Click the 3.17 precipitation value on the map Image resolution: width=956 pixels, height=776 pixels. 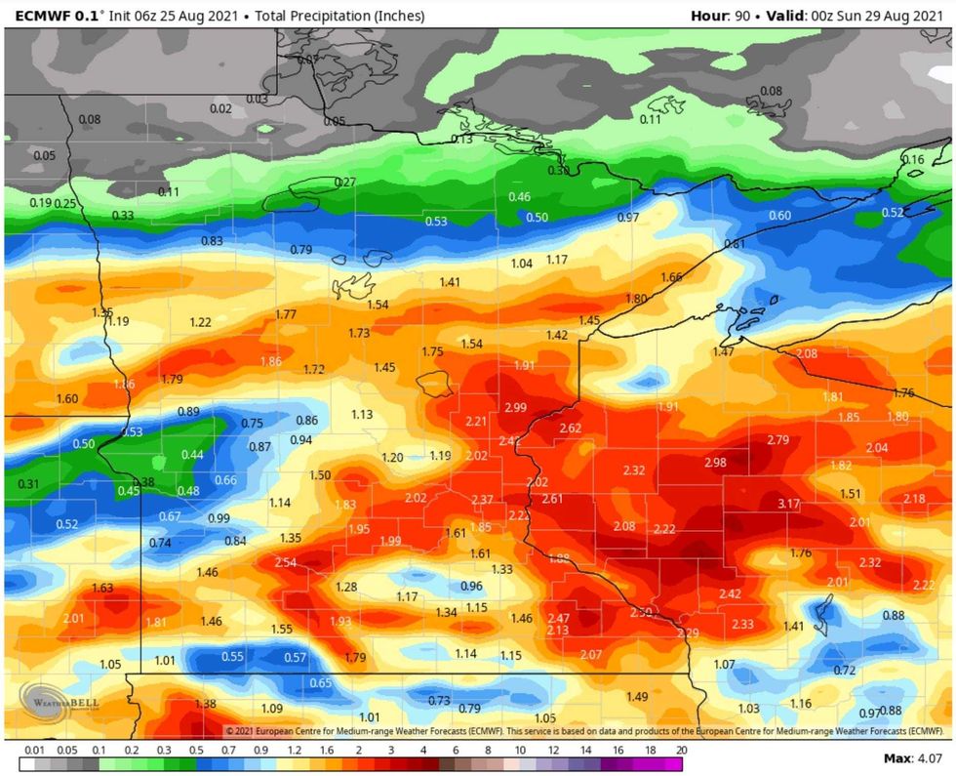pyautogui.click(x=788, y=504)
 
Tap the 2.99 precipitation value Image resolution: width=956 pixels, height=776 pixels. pyautogui.click(x=515, y=407)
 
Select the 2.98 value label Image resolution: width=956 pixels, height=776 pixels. pyautogui.click(x=715, y=462)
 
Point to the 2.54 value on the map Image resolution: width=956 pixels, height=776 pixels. pyautogui.click(x=285, y=562)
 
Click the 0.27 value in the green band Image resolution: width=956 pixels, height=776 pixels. pyautogui.click(x=345, y=183)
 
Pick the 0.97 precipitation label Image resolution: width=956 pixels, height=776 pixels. pyautogui.click(x=628, y=217)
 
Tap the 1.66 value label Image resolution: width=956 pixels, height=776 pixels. pyautogui.click(x=671, y=277)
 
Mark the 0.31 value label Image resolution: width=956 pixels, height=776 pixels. pyautogui.click(x=28, y=484)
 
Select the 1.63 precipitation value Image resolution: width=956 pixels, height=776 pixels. pyautogui.click(x=102, y=588)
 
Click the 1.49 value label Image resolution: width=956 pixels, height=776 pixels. pyautogui.click(x=637, y=696)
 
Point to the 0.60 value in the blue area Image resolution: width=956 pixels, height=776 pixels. pyautogui.click(x=780, y=216)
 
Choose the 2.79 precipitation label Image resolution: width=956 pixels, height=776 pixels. pyautogui.click(x=777, y=440)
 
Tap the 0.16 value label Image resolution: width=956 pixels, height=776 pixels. pyautogui.click(x=912, y=160)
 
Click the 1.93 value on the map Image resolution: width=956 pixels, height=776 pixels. pyautogui.click(x=340, y=622)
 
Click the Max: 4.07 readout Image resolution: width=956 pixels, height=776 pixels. pyautogui.click(x=911, y=758)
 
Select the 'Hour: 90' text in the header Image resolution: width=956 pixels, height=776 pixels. pyautogui.click(x=723, y=16)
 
